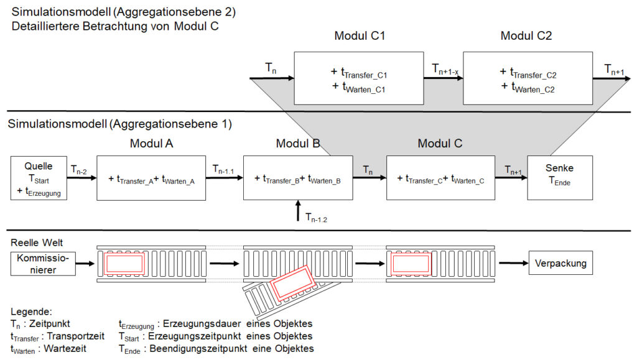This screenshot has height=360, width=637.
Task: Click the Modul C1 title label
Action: coord(360,36)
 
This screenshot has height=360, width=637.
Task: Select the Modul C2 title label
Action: coord(526,36)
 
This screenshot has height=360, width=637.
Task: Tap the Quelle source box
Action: coord(38,177)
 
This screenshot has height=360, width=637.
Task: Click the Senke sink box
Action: coord(559,177)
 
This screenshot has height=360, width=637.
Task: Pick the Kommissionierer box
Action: coord(43,263)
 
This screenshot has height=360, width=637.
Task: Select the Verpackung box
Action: coord(560,264)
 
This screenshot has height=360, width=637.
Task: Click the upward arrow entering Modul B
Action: coord(299,210)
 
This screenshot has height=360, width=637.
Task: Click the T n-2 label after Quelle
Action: coord(78,168)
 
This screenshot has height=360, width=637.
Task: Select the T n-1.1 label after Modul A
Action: coord(224,168)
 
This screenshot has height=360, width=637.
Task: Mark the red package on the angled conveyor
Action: coord(292,284)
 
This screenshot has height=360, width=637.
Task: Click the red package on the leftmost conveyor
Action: coord(125,264)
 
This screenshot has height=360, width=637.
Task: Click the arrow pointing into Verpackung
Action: coord(512,264)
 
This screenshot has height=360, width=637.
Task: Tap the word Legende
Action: coord(32,311)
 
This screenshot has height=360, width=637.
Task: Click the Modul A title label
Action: coord(151,144)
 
